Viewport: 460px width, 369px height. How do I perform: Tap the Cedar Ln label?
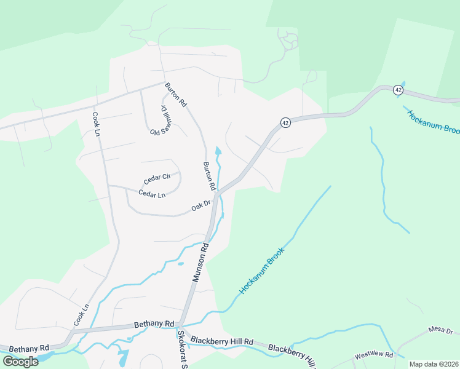click(152, 194)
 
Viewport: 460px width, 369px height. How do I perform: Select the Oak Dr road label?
click(201, 205)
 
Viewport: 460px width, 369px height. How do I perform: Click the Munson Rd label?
click(201, 262)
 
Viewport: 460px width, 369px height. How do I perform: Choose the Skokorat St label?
click(181, 348)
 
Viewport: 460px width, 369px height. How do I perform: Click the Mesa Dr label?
click(440, 331)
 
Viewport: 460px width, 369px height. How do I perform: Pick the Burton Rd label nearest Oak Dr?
click(209, 175)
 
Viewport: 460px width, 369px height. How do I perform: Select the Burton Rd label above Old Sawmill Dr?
click(175, 95)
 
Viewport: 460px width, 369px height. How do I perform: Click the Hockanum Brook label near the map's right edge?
click(433, 121)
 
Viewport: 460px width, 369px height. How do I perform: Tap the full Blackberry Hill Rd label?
click(222, 341)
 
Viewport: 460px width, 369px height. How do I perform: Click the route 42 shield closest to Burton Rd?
click(285, 122)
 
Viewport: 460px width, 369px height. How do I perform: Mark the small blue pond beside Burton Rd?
click(218, 151)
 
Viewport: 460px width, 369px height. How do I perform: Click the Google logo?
click(20, 361)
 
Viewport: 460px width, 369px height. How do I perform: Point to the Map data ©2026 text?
click(434, 364)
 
